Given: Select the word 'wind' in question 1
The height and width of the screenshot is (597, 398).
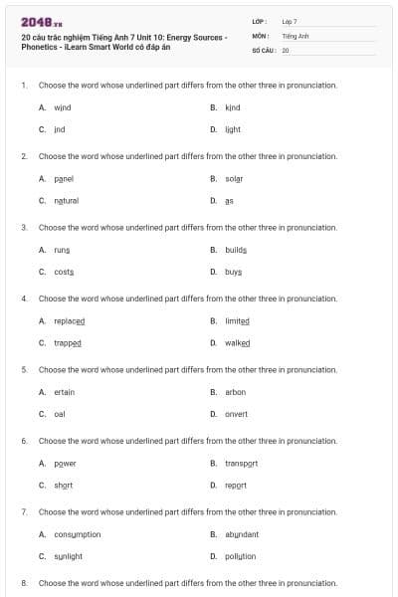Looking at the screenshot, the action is point(62,107).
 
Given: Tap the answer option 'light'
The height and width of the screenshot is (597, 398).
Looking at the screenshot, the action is point(233,129).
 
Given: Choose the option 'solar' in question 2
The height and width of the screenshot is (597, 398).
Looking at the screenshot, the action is point(234,178).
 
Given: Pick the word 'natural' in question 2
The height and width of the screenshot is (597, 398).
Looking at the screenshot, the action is point(66,200).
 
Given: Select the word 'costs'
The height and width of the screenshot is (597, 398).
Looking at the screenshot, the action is point(64,272).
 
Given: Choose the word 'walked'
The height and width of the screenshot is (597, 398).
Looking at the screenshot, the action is point(237,342).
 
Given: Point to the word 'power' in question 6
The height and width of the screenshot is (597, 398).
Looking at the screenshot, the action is point(65,464).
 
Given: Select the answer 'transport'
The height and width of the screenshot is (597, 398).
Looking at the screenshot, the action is point(242,464).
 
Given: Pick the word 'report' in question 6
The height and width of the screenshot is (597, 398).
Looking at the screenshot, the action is point(236,486).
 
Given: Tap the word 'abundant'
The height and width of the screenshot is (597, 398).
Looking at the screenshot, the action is point(242,534).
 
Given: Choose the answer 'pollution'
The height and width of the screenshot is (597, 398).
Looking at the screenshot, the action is point(240,556).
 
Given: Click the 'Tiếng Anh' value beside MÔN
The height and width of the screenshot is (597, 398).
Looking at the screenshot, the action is point(296,35).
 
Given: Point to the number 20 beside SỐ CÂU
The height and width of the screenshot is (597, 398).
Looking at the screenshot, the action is point(286,49).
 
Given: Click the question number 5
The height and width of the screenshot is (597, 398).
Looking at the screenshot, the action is point(24,369).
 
